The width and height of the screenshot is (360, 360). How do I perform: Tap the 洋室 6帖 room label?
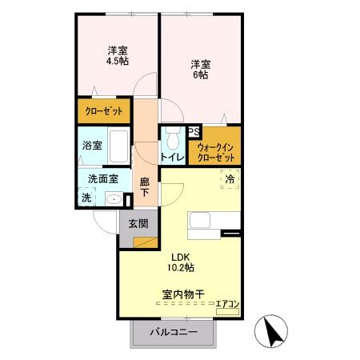pos(200,68)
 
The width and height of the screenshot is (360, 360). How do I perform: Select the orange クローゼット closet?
pos(103,111)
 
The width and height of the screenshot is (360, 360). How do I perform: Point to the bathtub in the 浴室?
pos(115,146)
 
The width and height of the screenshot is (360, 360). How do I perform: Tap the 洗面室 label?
pos(103,180)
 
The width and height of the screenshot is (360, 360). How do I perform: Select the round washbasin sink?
pos(114,199)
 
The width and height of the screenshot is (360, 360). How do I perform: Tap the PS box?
pos(193,133)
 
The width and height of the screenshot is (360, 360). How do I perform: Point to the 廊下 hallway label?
pos(145,187)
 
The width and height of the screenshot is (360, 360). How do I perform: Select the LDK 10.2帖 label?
pos(180,262)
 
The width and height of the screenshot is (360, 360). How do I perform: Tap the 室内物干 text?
pos(180,294)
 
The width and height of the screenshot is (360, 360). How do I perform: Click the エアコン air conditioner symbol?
pos(227,305)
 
